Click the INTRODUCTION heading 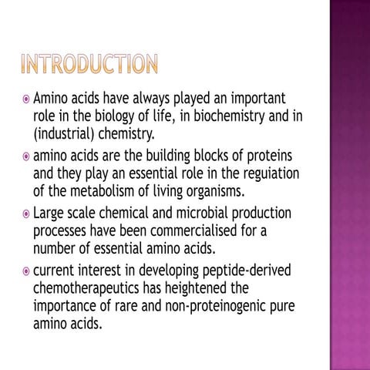click(89, 64)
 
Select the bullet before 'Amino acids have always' click(25, 101)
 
